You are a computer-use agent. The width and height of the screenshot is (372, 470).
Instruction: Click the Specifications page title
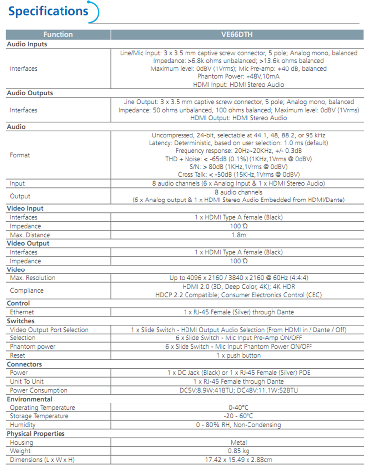click(x=48, y=11)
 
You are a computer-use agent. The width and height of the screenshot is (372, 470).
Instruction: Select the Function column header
click(x=58, y=35)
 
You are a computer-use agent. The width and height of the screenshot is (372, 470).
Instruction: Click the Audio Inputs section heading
click(x=27, y=44)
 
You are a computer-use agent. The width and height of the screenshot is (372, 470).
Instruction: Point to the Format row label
click(x=20, y=155)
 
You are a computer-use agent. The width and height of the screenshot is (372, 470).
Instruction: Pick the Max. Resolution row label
click(x=33, y=278)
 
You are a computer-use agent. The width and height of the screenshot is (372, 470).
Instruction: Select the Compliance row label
click(x=27, y=290)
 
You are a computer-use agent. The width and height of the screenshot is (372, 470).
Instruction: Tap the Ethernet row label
click(x=22, y=312)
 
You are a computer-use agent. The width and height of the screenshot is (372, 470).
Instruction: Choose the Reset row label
click(x=18, y=355)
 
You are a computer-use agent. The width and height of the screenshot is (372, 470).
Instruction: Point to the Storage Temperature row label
click(x=39, y=416)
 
